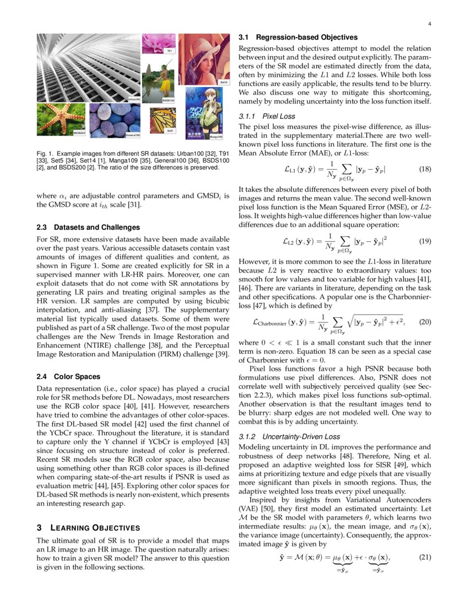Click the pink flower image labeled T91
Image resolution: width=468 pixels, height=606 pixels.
tap(159, 44)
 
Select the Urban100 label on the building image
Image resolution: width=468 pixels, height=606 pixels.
tap(134, 99)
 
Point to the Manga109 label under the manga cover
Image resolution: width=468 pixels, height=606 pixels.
tap(216, 137)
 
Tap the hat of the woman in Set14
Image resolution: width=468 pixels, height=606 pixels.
tap(204, 47)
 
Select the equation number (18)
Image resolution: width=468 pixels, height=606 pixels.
tap(425, 170)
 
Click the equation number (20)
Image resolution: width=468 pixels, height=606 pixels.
tap(425, 322)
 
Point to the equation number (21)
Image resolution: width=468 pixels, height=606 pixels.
tap(425, 556)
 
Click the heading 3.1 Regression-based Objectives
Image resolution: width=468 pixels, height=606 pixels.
tap(298, 37)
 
